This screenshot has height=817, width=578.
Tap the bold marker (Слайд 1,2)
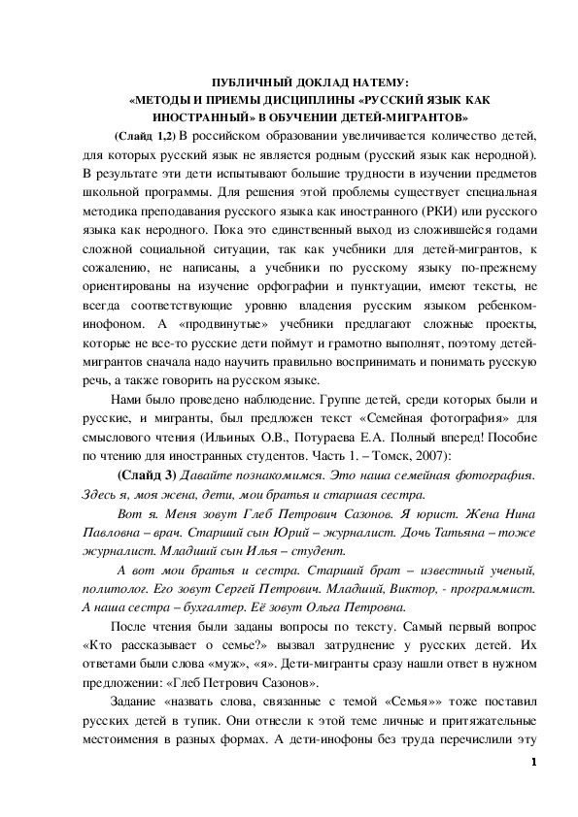(146, 133)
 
